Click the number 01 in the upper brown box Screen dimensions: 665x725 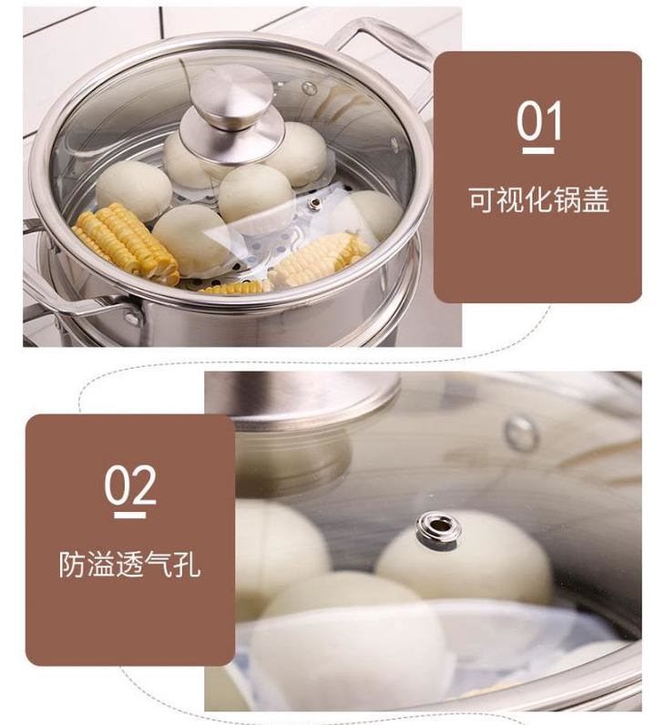[539, 120]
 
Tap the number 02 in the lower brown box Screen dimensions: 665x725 [130, 485]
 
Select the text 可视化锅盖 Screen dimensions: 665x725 [539, 199]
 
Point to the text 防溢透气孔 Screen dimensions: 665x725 [130, 564]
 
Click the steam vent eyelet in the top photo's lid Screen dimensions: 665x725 [316, 201]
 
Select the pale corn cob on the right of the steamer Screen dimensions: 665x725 [319, 258]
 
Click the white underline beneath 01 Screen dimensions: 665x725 [538, 150]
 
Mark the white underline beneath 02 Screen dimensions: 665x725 [130, 516]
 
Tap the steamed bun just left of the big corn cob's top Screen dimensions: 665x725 [134, 189]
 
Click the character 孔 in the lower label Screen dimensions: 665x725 [188, 564]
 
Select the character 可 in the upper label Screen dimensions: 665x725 [482, 200]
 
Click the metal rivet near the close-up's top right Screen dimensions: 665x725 [521, 433]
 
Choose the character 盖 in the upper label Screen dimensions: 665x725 [597, 199]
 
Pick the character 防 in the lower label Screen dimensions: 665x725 [73, 564]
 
